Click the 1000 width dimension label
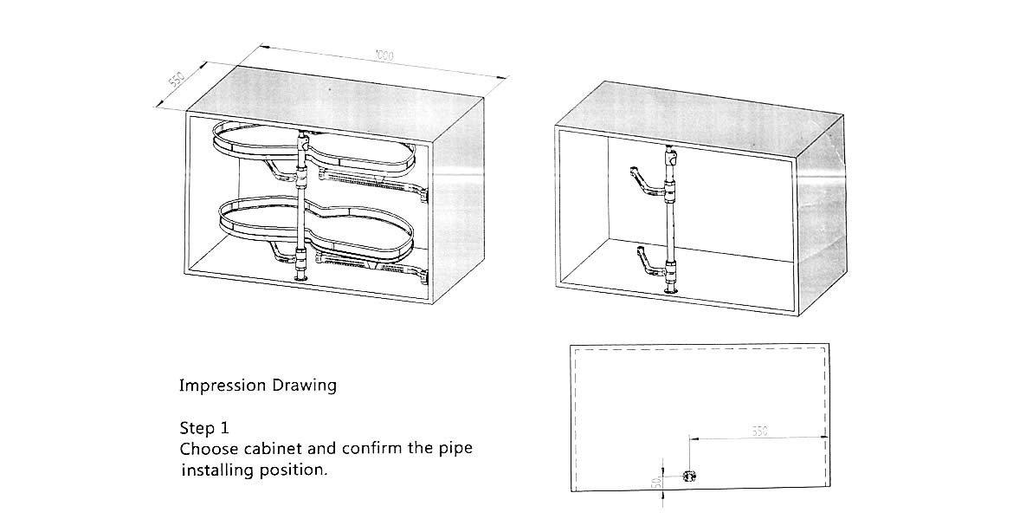click(x=384, y=56)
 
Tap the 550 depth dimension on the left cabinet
click(x=176, y=81)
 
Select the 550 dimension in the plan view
click(x=758, y=431)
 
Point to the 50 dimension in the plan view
click(x=656, y=479)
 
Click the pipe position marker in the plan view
click(x=689, y=477)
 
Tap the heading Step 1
click(x=204, y=428)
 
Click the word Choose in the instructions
click(x=208, y=450)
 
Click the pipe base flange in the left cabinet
click(x=301, y=277)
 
